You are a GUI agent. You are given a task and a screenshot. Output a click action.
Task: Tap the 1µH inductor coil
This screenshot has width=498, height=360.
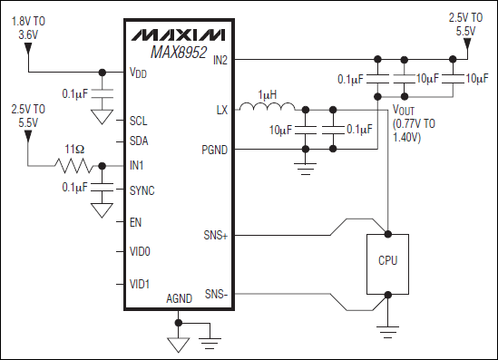(268, 110)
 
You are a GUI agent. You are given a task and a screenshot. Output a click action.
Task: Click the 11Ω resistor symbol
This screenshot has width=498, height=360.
(74, 166)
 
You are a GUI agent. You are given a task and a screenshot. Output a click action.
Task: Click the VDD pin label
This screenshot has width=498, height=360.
(140, 73)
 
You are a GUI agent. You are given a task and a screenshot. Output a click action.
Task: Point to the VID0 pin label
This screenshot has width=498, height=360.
(141, 251)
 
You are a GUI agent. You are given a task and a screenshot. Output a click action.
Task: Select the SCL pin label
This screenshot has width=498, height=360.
(139, 120)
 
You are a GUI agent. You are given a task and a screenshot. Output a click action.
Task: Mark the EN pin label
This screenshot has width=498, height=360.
(135, 221)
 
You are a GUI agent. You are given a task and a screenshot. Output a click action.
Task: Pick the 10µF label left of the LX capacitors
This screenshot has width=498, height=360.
(282, 131)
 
